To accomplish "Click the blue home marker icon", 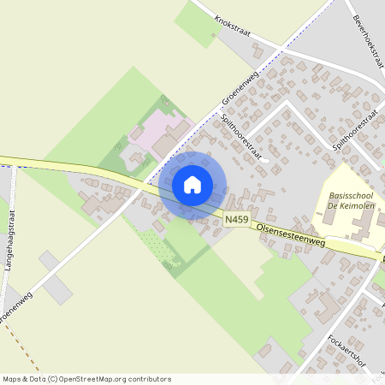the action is click(x=192, y=185).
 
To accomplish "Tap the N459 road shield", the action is click(x=236, y=221).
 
